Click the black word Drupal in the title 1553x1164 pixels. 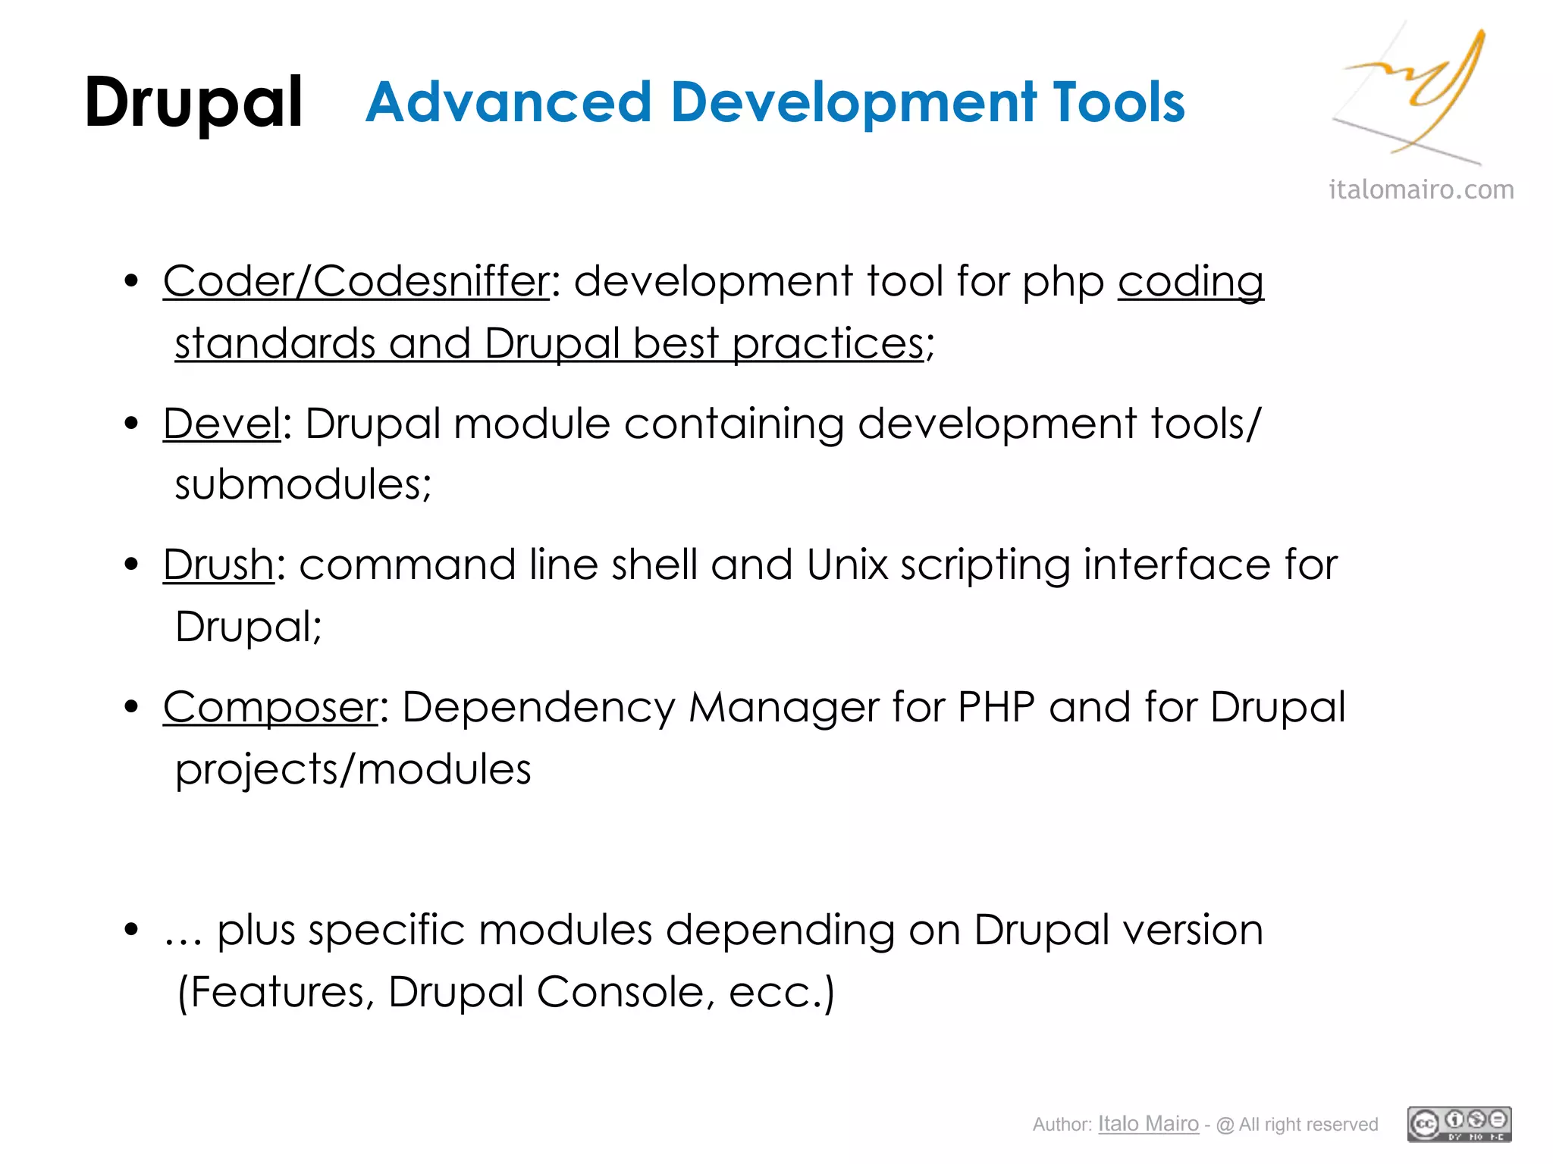coord(193,102)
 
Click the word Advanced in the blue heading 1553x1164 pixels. coord(508,102)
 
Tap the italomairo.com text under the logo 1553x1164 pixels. coord(1421,189)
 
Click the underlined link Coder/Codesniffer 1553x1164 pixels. coord(356,282)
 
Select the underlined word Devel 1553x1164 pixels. coord(222,424)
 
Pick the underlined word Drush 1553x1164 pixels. coord(218,565)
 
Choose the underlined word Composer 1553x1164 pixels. coord(270,708)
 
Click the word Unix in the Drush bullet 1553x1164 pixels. coord(847,565)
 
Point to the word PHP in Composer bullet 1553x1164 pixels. coord(996,708)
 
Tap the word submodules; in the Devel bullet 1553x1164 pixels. coord(303,485)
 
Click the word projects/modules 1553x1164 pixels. coord(353,770)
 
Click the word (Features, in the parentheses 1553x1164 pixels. coord(276,992)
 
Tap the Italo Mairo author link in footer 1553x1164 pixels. coord(1148,1124)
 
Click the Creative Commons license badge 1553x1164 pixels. coord(1459,1124)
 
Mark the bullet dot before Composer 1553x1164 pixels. coord(132,707)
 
